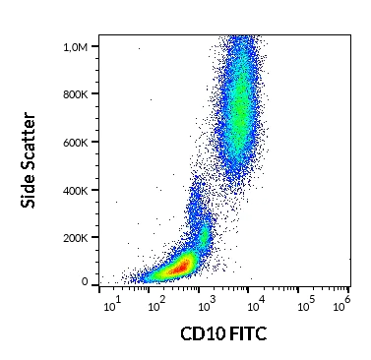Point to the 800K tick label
point(73,94)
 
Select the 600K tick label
point(73,142)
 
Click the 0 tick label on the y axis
point(85,281)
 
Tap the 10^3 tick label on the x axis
point(205,300)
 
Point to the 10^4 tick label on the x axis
point(254,300)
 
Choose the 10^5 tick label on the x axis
point(303,300)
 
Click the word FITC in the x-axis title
point(247,334)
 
